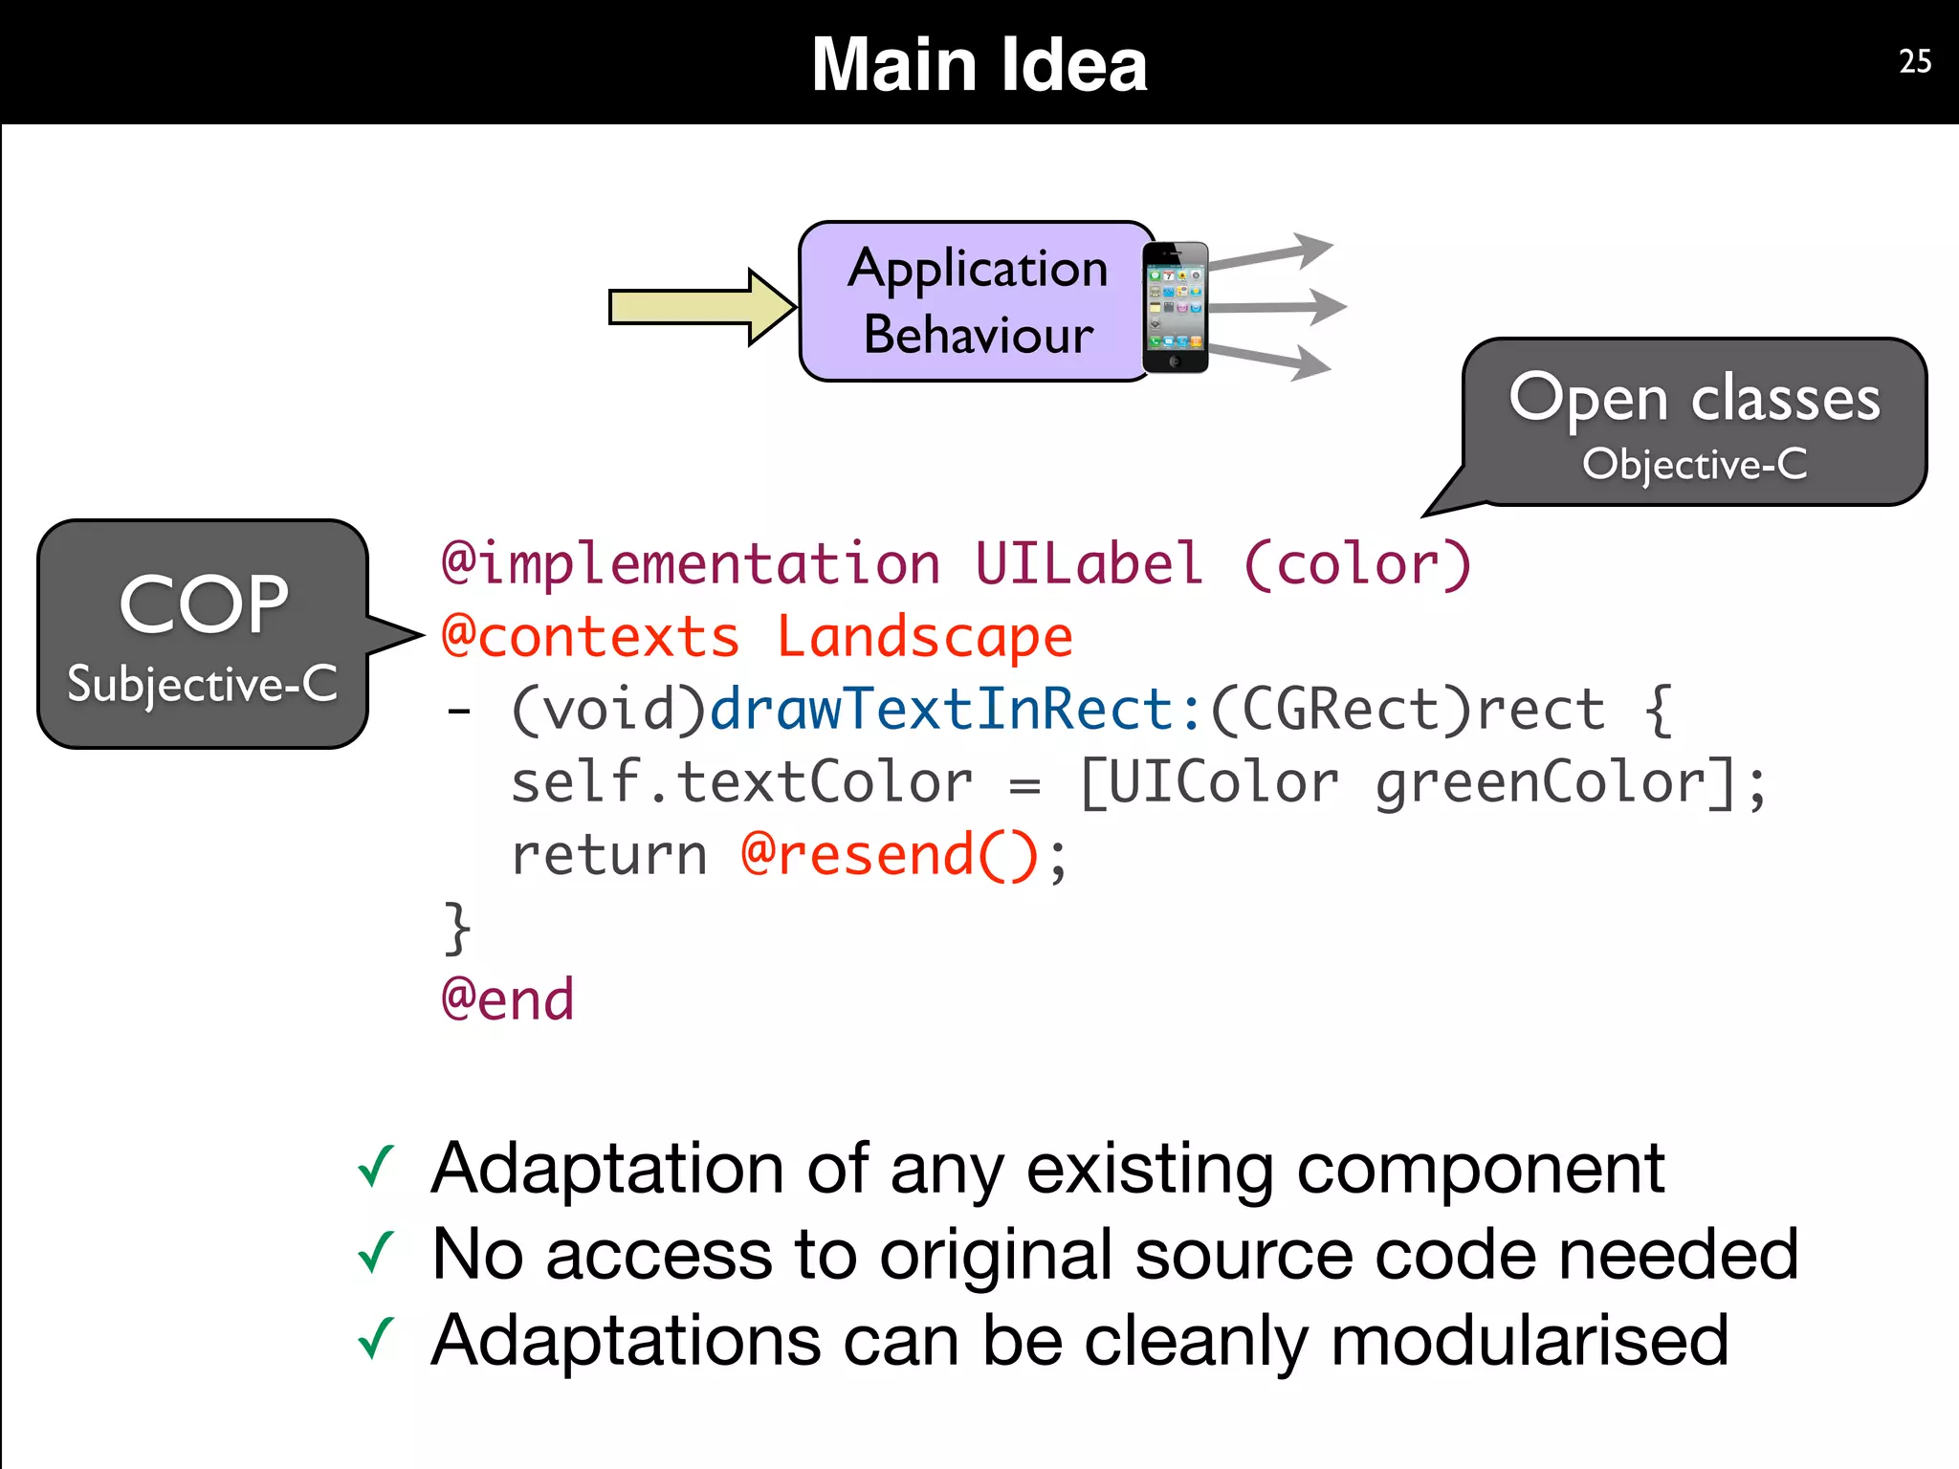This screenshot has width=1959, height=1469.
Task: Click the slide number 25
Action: (1914, 61)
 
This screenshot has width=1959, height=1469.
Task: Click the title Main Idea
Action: (979, 64)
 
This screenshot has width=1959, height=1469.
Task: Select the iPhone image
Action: (1175, 307)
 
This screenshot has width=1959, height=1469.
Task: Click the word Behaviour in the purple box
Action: (978, 335)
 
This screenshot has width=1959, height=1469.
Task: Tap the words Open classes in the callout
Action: (1694, 398)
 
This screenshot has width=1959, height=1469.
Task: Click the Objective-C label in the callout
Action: (1694, 465)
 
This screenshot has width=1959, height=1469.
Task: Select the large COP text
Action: (203, 604)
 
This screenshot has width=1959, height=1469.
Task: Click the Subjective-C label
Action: (203, 684)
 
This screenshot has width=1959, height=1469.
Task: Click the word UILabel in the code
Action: (1089, 563)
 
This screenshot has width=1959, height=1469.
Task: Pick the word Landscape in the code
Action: (924, 637)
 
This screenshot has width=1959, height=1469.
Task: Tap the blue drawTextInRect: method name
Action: (955, 710)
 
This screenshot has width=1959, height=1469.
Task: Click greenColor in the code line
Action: (1541, 783)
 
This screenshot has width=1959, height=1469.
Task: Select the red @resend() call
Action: (890, 855)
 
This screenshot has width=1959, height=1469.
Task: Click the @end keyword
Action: (507, 999)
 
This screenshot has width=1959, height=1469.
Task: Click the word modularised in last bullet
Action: (1529, 1340)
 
